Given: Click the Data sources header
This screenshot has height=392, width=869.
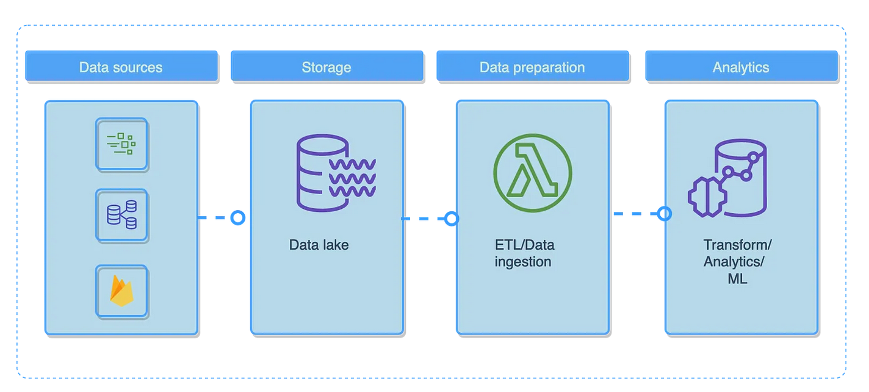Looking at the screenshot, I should click(x=121, y=67).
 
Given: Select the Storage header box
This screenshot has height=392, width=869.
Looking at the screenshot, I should click(x=326, y=67).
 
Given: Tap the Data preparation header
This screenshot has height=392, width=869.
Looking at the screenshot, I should click(x=532, y=67).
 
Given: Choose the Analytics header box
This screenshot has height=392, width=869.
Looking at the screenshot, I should click(x=741, y=67).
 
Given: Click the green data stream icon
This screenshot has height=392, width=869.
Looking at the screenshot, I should click(x=121, y=144).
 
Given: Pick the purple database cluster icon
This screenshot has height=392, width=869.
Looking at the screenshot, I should click(x=121, y=215).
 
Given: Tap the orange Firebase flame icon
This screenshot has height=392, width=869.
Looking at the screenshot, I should click(x=121, y=291).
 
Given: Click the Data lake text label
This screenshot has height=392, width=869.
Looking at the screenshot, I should click(x=319, y=245).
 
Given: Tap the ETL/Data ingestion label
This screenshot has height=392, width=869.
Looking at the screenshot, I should click(x=524, y=253).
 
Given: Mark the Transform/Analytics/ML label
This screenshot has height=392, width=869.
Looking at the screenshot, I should click(x=737, y=262).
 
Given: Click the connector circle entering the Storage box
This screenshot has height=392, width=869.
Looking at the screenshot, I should click(x=238, y=217).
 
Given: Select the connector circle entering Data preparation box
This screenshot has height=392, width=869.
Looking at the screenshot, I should click(x=452, y=219).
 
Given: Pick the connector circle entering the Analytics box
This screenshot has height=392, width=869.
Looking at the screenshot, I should click(x=665, y=214).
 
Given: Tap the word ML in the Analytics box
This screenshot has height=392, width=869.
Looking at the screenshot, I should click(x=737, y=279).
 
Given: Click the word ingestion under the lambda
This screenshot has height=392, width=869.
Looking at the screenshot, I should click(x=523, y=262).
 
